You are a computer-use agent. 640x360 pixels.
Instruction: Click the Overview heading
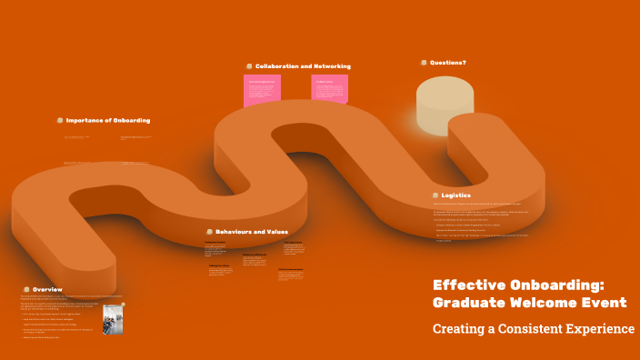point(47,289)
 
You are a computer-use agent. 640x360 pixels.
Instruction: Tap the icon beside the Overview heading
point(26,289)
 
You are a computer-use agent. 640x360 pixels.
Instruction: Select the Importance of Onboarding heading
point(108,120)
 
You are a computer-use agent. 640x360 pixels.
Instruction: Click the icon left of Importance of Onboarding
point(60,120)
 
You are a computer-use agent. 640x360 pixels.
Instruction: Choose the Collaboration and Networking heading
point(303,66)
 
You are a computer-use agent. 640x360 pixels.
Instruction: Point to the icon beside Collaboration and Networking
point(249,66)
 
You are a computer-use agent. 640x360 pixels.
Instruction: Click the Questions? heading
point(448,63)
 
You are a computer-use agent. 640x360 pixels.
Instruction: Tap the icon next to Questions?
point(424,63)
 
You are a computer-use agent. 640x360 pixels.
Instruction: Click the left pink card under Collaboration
point(262,90)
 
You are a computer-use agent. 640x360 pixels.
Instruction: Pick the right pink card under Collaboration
point(330,90)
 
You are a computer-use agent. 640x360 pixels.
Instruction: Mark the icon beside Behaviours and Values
point(209,232)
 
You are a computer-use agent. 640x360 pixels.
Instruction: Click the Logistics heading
point(456,195)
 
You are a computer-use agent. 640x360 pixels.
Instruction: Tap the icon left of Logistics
point(435,195)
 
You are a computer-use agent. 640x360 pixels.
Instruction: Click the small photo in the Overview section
point(113,318)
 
